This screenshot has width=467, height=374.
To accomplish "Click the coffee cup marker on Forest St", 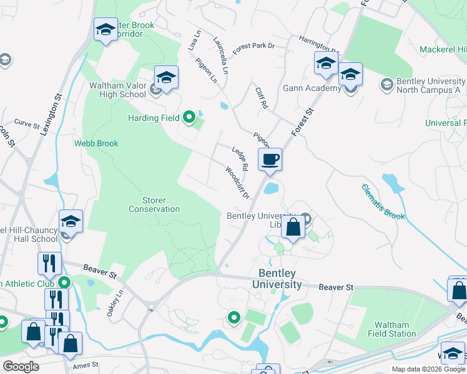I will pos(270,160).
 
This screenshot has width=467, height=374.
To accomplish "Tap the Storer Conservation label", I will pos(154,204).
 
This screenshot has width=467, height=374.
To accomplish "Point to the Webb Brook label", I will pos(96,143).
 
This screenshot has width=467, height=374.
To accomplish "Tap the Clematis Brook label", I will pos(383,202).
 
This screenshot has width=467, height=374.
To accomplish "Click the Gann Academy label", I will pos(312,88).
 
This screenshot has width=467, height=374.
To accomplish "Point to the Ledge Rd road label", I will pos(240,159).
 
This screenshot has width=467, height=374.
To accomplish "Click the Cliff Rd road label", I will pos(262,98).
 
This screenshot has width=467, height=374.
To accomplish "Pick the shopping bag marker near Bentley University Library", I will pos(293,228).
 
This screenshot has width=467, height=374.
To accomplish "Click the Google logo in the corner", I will pos(21,367).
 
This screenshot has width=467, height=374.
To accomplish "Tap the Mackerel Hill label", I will pos(443,49).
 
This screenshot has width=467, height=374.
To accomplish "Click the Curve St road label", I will pos(26,123).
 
